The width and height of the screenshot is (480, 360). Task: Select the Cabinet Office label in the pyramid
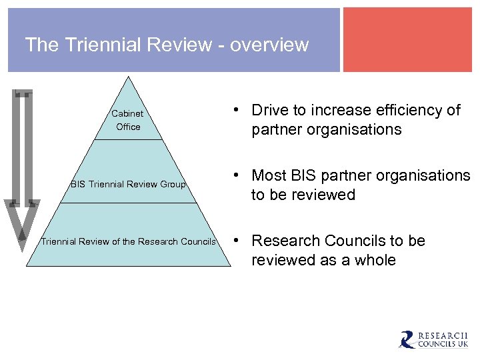(127, 120)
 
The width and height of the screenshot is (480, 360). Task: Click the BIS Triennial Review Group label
(128, 184)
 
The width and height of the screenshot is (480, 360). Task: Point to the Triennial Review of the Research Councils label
(128, 241)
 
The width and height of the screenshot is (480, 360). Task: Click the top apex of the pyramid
(128, 78)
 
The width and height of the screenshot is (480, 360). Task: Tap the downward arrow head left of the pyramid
(22, 223)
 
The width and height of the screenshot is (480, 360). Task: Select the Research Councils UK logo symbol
(407, 340)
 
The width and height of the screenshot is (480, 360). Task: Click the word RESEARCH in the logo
(443, 335)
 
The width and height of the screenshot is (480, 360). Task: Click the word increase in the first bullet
(346, 110)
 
